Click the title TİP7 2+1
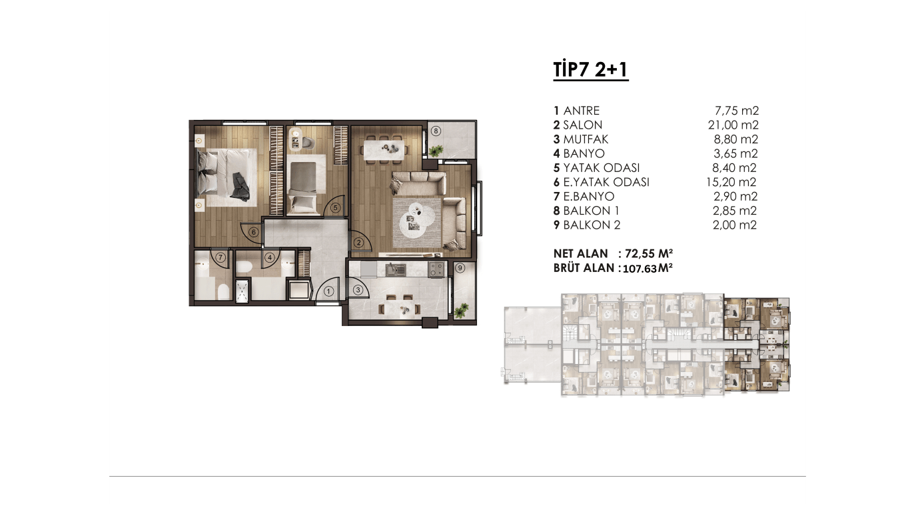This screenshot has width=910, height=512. coord(591,69)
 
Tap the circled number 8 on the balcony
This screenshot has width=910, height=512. coord(436,131)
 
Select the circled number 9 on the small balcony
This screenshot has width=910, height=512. coord(460,268)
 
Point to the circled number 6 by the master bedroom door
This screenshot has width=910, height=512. coord(254,232)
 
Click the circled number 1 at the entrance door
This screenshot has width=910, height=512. coord(328,291)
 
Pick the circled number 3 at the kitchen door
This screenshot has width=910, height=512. coord(358,290)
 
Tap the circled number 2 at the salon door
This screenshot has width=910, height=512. coord(358,243)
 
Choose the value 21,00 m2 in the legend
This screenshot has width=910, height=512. coord(733,125)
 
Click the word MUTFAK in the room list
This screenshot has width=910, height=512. coord(586,139)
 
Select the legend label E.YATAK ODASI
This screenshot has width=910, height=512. coord(606,182)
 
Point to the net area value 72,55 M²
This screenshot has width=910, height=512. coord(649,253)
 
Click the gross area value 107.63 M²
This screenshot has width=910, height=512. coord(648,269)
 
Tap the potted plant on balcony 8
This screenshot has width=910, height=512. coord(436,151)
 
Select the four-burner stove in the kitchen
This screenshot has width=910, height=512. coord(437,269)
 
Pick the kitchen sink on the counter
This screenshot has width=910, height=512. coord(396,269)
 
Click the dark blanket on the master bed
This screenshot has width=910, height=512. coord(240,186)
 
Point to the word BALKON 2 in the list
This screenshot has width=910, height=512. coord(592,225)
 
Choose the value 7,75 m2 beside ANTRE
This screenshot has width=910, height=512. coord(737,111)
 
